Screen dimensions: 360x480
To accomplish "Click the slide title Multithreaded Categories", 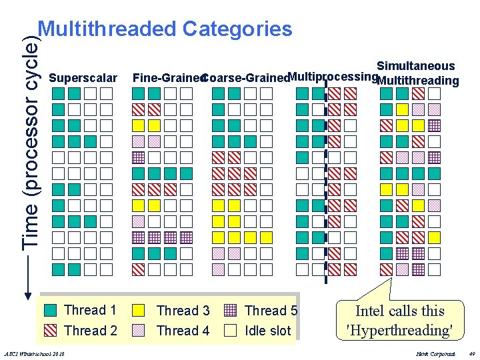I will pyautogui.click(x=165, y=29).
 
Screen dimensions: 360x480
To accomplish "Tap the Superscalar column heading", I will pyautogui.click(x=83, y=78).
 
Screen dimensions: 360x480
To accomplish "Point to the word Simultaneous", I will pyautogui.click(x=415, y=66).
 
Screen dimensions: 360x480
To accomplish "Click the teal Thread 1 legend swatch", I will pyautogui.click(x=51, y=310).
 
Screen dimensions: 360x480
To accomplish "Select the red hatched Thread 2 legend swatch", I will pyautogui.click(x=51, y=330).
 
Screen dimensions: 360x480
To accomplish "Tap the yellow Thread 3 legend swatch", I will pyautogui.click(x=138, y=310).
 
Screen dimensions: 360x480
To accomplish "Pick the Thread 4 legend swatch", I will pyautogui.click(x=138, y=330).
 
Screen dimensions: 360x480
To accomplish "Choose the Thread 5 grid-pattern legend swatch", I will pyautogui.click(x=230, y=310).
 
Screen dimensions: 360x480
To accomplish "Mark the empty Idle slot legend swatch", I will pyautogui.click(x=230, y=330).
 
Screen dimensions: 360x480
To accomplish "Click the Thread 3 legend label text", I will pyautogui.click(x=183, y=311).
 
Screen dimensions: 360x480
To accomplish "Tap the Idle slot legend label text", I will pyautogui.click(x=268, y=331).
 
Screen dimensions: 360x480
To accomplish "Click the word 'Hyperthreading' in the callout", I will pyautogui.click(x=400, y=330).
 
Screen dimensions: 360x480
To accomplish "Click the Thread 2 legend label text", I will pyautogui.click(x=91, y=331).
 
